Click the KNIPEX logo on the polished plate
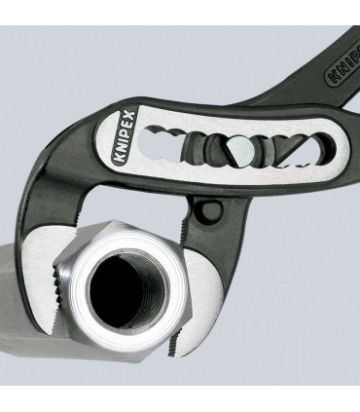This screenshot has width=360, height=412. [125, 136]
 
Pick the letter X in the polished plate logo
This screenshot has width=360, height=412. [130, 116]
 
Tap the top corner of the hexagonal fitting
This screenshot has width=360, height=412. [116, 221]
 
